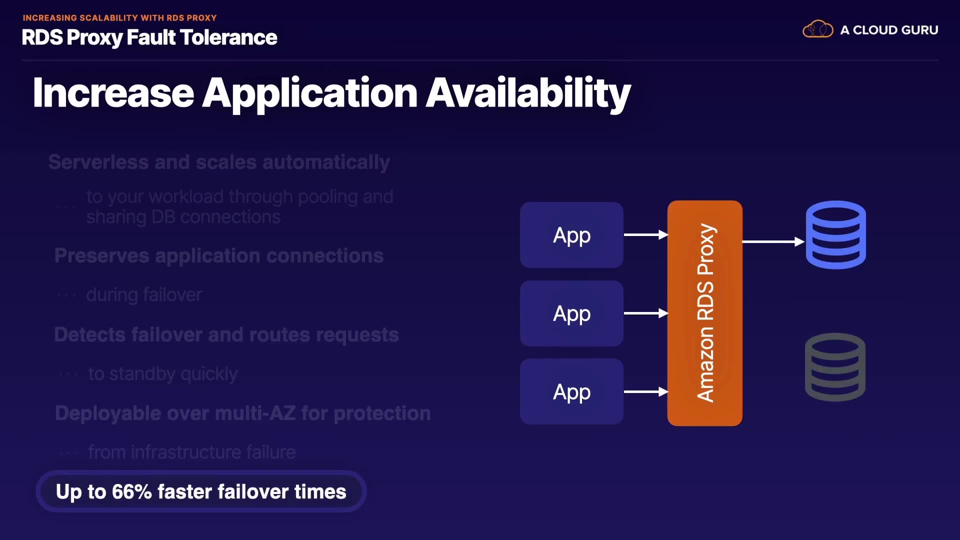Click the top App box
[x=571, y=235]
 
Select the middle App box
[x=571, y=313]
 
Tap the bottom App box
[x=571, y=391]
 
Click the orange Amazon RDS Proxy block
[x=704, y=313]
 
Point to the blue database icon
[x=835, y=235]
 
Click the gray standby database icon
[x=835, y=367]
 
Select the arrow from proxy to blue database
[x=773, y=242]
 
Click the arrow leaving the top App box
[x=645, y=234]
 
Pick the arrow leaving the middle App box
[x=645, y=313]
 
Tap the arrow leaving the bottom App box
[x=645, y=392]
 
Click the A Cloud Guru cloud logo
[x=817, y=29]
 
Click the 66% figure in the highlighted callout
[x=131, y=491]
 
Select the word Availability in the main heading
[x=528, y=93]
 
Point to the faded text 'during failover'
[x=144, y=295]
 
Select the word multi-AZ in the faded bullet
[x=255, y=413]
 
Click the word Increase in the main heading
[x=113, y=93]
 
